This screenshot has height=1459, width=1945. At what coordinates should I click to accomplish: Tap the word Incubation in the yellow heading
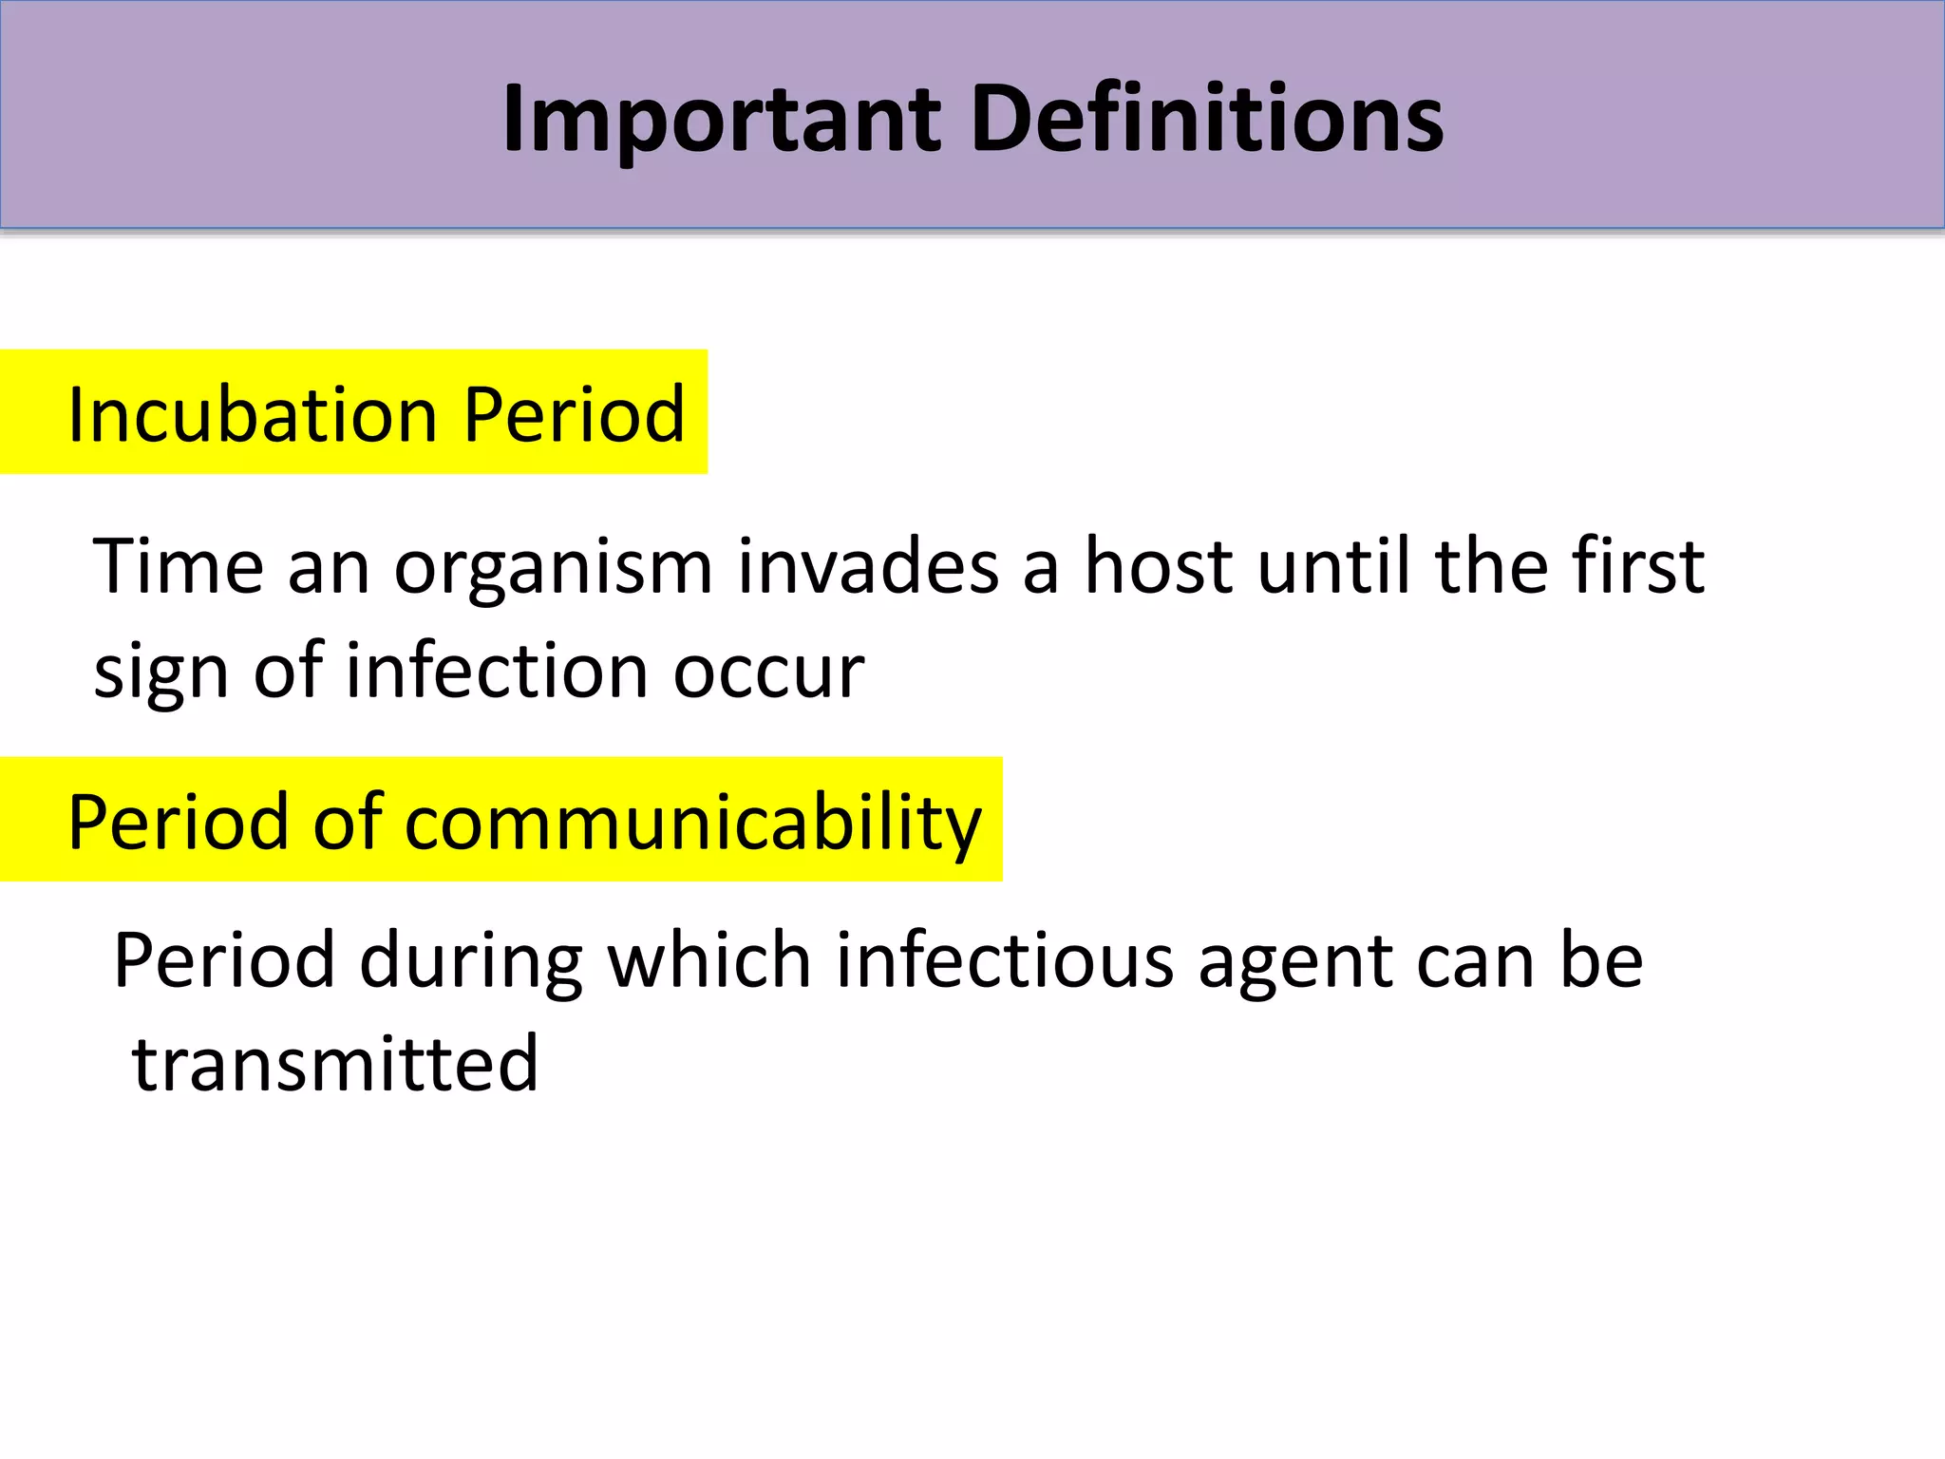click(253, 415)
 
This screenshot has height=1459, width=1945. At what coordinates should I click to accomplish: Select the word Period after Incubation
click(574, 415)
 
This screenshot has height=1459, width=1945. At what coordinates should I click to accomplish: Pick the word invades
click(868, 566)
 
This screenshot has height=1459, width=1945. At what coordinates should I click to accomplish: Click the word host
click(1159, 566)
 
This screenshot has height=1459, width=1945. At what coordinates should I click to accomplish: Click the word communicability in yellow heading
click(692, 823)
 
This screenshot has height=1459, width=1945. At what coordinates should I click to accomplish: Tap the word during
click(471, 961)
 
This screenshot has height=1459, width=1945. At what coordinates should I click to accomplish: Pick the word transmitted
click(335, 1064)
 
